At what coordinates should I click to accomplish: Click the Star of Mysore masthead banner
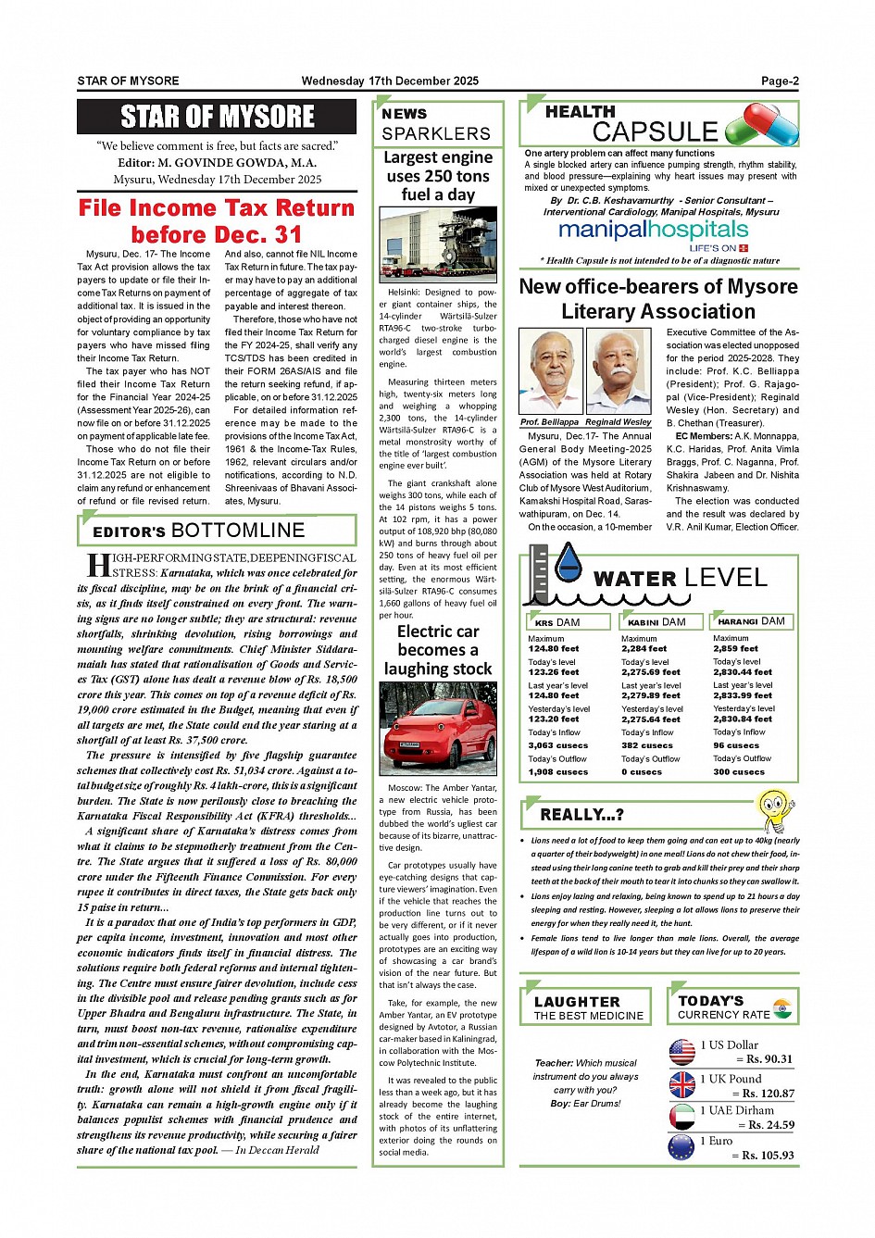point(217,117)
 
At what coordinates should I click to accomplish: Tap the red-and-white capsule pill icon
point(761,124)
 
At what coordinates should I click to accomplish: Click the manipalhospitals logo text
point(653,230)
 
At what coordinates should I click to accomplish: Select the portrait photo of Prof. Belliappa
point(550,372)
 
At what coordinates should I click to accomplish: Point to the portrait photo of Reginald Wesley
point(619,372)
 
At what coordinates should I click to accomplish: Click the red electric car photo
point(437,729)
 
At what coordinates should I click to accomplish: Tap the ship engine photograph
point(437,245)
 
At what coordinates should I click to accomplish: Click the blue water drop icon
point(567,564)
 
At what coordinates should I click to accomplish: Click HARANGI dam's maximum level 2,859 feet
point(735,648)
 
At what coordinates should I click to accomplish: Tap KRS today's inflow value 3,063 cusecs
point(557,745)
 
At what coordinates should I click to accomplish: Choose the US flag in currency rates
point(682,1052)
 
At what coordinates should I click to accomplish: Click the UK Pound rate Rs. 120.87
point(764,1094)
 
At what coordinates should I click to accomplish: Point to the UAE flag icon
point(682,1117)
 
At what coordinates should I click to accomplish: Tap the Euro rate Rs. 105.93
point(764,1156)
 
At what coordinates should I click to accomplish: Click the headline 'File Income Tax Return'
point(217,208)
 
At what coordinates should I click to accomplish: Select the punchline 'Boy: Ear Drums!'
point(585,1104)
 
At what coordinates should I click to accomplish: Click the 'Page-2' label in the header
point(780,81)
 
